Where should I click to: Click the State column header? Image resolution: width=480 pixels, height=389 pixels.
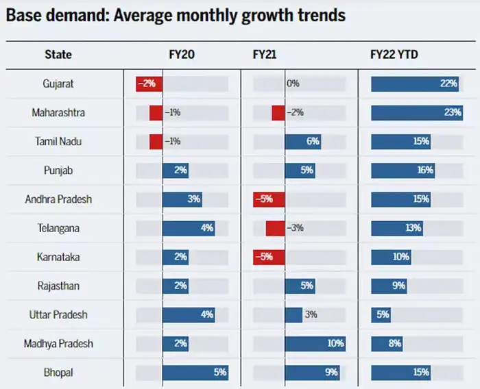tap(58, 54)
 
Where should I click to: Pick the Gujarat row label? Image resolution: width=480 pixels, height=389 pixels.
tap(58, 84)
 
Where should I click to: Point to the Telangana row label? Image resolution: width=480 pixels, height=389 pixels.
tap(58, 228)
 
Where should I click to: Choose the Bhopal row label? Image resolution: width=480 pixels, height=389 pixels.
tap(58, 373)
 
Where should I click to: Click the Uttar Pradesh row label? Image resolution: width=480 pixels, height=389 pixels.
tap(58, 315)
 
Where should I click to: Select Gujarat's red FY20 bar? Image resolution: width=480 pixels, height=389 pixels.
tap(149, 84)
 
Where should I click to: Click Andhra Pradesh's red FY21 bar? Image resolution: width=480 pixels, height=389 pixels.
tap(269, 199)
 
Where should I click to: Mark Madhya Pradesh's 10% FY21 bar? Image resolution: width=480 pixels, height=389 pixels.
tap(315, 344)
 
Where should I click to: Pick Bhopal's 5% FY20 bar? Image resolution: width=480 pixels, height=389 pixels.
tap(195, 373)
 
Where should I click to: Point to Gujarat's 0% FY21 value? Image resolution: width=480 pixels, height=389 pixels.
tap(293, 84)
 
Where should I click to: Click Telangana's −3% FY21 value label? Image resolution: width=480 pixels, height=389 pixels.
tap(296, 228)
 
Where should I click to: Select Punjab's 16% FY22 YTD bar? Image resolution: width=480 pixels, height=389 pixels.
tap(404, 171)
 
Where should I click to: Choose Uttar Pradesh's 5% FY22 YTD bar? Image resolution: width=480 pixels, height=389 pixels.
tap(381, 315)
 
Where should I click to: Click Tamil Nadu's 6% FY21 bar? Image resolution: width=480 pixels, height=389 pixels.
tap(302, 142)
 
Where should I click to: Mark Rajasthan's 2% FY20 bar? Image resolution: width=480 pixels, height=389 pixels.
tap(175, 286)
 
